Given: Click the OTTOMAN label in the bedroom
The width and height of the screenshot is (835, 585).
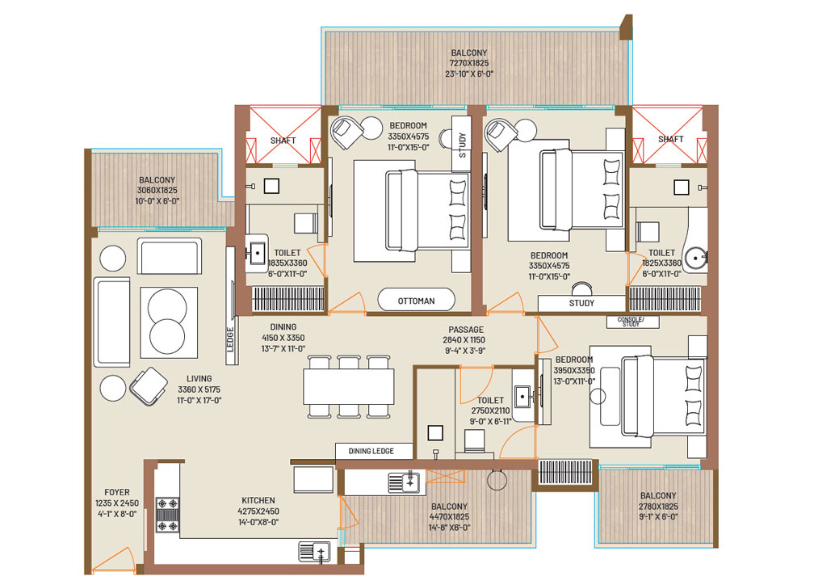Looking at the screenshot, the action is coord(416,301).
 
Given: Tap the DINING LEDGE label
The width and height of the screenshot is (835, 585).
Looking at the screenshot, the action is coord(371,451).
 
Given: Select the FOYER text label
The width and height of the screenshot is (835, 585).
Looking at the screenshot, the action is coord(116,492).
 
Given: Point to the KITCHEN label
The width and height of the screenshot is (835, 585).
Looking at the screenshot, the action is coord(258,500).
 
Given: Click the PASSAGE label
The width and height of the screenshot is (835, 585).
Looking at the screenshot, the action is coord(466,329).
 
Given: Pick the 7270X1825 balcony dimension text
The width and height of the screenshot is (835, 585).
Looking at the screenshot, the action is coord(468,63).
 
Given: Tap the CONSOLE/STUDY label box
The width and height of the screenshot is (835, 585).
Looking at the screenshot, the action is coord(632,322).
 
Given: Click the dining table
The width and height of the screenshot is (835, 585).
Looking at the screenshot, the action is coord(349,386).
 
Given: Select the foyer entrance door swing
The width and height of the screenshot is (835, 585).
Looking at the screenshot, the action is coord(114,560).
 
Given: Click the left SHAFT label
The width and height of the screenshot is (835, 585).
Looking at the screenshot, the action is coord(283,141).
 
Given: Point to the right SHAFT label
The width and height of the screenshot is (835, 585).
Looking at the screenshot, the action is coord(670,139).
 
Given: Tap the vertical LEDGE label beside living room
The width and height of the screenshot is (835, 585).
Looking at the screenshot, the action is coord(231,339).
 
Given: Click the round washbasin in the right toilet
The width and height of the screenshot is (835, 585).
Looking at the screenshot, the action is coord(696,259).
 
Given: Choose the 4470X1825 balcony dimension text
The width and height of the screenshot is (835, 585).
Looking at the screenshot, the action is coord(449,517).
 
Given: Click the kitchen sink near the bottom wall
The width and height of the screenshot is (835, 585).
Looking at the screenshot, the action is coord(315,551).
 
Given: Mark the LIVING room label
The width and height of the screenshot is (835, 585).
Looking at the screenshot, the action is coord(199,379).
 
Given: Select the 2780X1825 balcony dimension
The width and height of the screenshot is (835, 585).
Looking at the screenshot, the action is coord(658,507).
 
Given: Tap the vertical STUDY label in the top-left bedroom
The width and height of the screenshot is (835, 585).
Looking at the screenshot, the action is coord(462,145).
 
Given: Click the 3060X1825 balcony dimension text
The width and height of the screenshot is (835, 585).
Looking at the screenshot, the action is coord(157,190).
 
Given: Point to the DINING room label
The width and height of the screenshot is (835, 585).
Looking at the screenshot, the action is coord(283,327).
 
